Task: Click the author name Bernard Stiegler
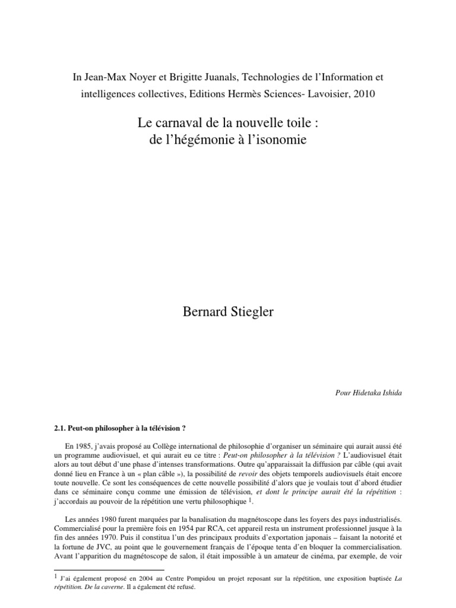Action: (228, 312)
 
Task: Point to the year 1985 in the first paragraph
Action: (87, 445)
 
